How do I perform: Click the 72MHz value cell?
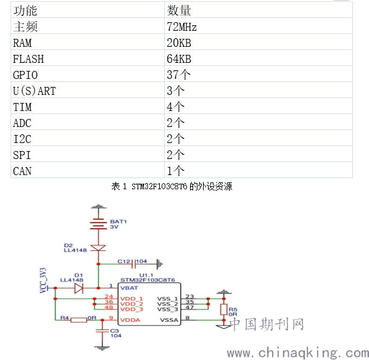(x=181, y=27)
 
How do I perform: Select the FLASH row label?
(x=28, y=59)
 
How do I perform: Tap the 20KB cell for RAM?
(x=179, y=43)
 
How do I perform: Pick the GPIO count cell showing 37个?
(x=178, y=75)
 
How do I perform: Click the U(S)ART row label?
(x=35, y=91)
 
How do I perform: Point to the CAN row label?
(x=22, y=171)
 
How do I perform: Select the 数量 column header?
(x=179, y=10)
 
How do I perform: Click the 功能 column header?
(x=25, y=10)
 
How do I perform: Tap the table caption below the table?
(x=172, y=186)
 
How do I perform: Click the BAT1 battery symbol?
(x=98, y=224)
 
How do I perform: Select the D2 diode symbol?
(x=98, y=248)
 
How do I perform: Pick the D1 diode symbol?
(x=79, y=288)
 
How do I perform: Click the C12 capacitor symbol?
(x=134, y=264)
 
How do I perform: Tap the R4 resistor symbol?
(x=79, y=320)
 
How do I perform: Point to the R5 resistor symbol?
(x=223, y=309)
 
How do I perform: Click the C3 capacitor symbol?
(x=102, y=330)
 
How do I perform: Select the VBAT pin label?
(x=129, y=288)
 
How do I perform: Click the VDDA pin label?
(x=130, y=320)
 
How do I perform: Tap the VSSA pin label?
(x=169, y=320)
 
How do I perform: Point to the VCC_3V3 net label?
(x=43, y=280)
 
